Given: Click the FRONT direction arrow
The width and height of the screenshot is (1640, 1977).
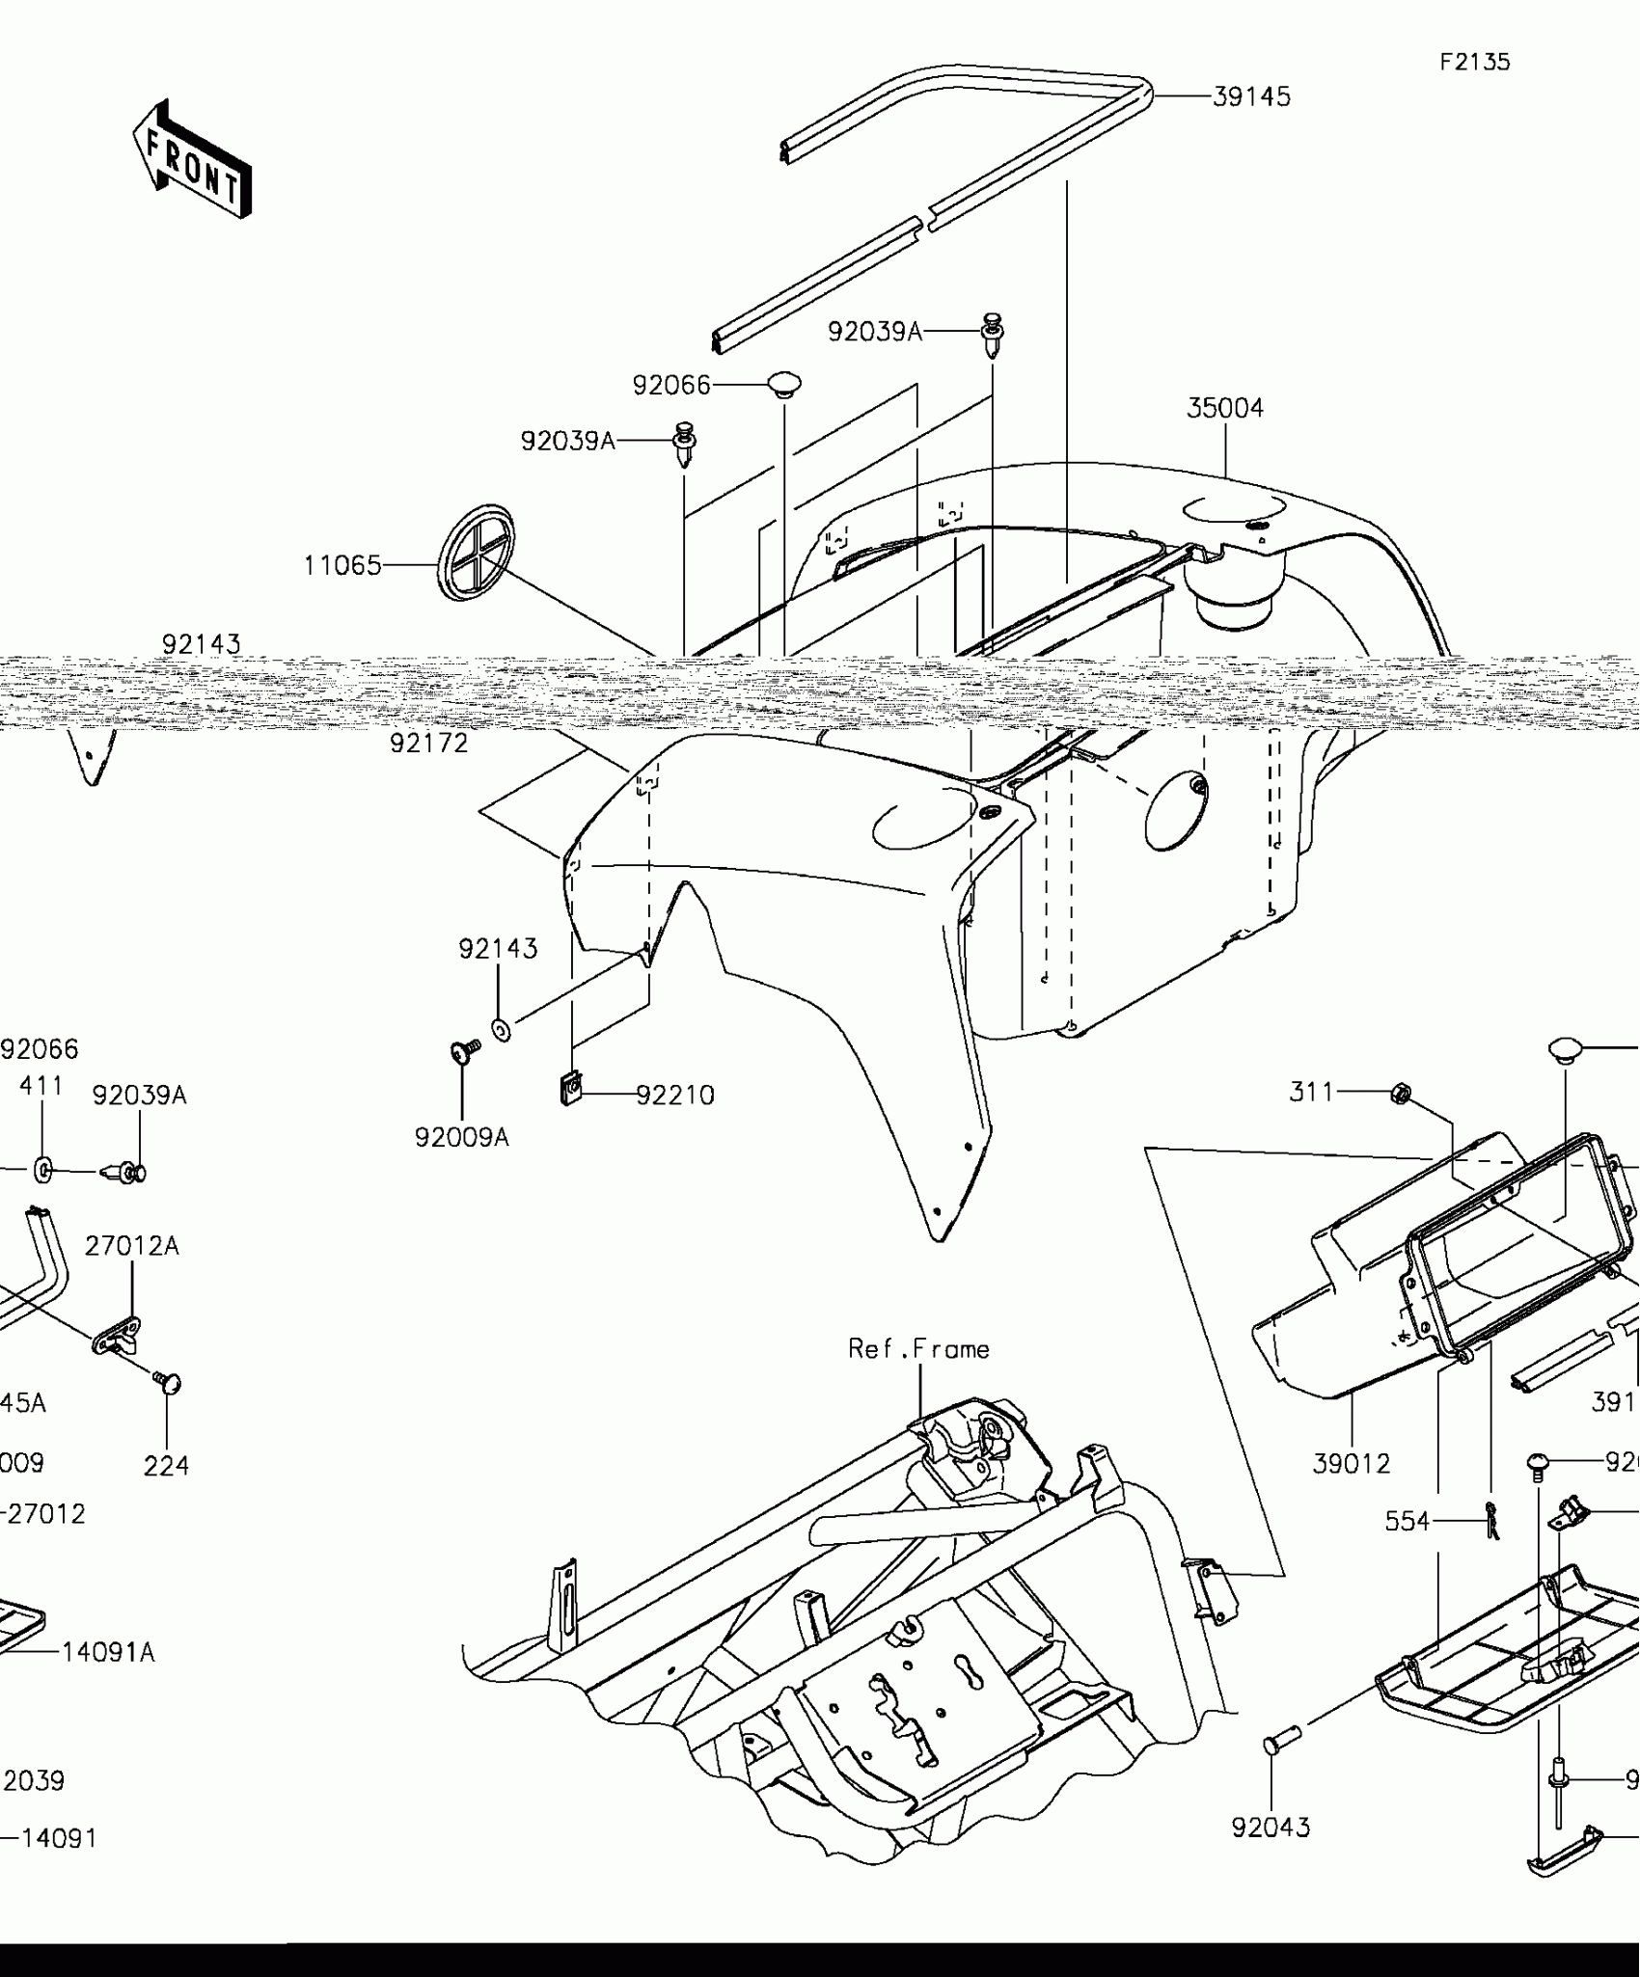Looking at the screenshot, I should (191, 159).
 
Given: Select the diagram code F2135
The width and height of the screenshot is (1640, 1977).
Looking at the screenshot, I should (1475, 63).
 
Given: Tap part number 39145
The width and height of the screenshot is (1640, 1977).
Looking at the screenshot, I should (1251, 97).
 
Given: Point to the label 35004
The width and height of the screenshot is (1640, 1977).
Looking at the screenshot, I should (1224, 409).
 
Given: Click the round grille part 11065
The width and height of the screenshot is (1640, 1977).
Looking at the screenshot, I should (477, 553).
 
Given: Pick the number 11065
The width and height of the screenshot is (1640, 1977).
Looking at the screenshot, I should (342, 566).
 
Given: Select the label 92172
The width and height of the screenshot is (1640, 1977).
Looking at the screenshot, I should (429, 744).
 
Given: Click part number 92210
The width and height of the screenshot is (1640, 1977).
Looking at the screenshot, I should (675, 1096).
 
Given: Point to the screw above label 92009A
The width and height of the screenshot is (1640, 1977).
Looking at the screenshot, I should (465, 1050).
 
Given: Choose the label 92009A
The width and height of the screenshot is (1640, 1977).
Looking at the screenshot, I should (461, 1138).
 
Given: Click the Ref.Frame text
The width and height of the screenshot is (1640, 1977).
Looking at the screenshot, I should (918, 1349).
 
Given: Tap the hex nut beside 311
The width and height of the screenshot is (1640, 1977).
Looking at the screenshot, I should (1402, 1094).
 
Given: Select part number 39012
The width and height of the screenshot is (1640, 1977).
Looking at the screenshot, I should (1352, 1464).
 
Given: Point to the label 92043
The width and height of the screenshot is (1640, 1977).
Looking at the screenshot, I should (1271, 1828).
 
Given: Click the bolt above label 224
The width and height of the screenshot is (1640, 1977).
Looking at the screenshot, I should (168, 1383).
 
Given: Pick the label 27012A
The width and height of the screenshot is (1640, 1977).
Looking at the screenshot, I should (132, 1246).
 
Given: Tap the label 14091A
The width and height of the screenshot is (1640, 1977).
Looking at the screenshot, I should (108, 1653).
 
